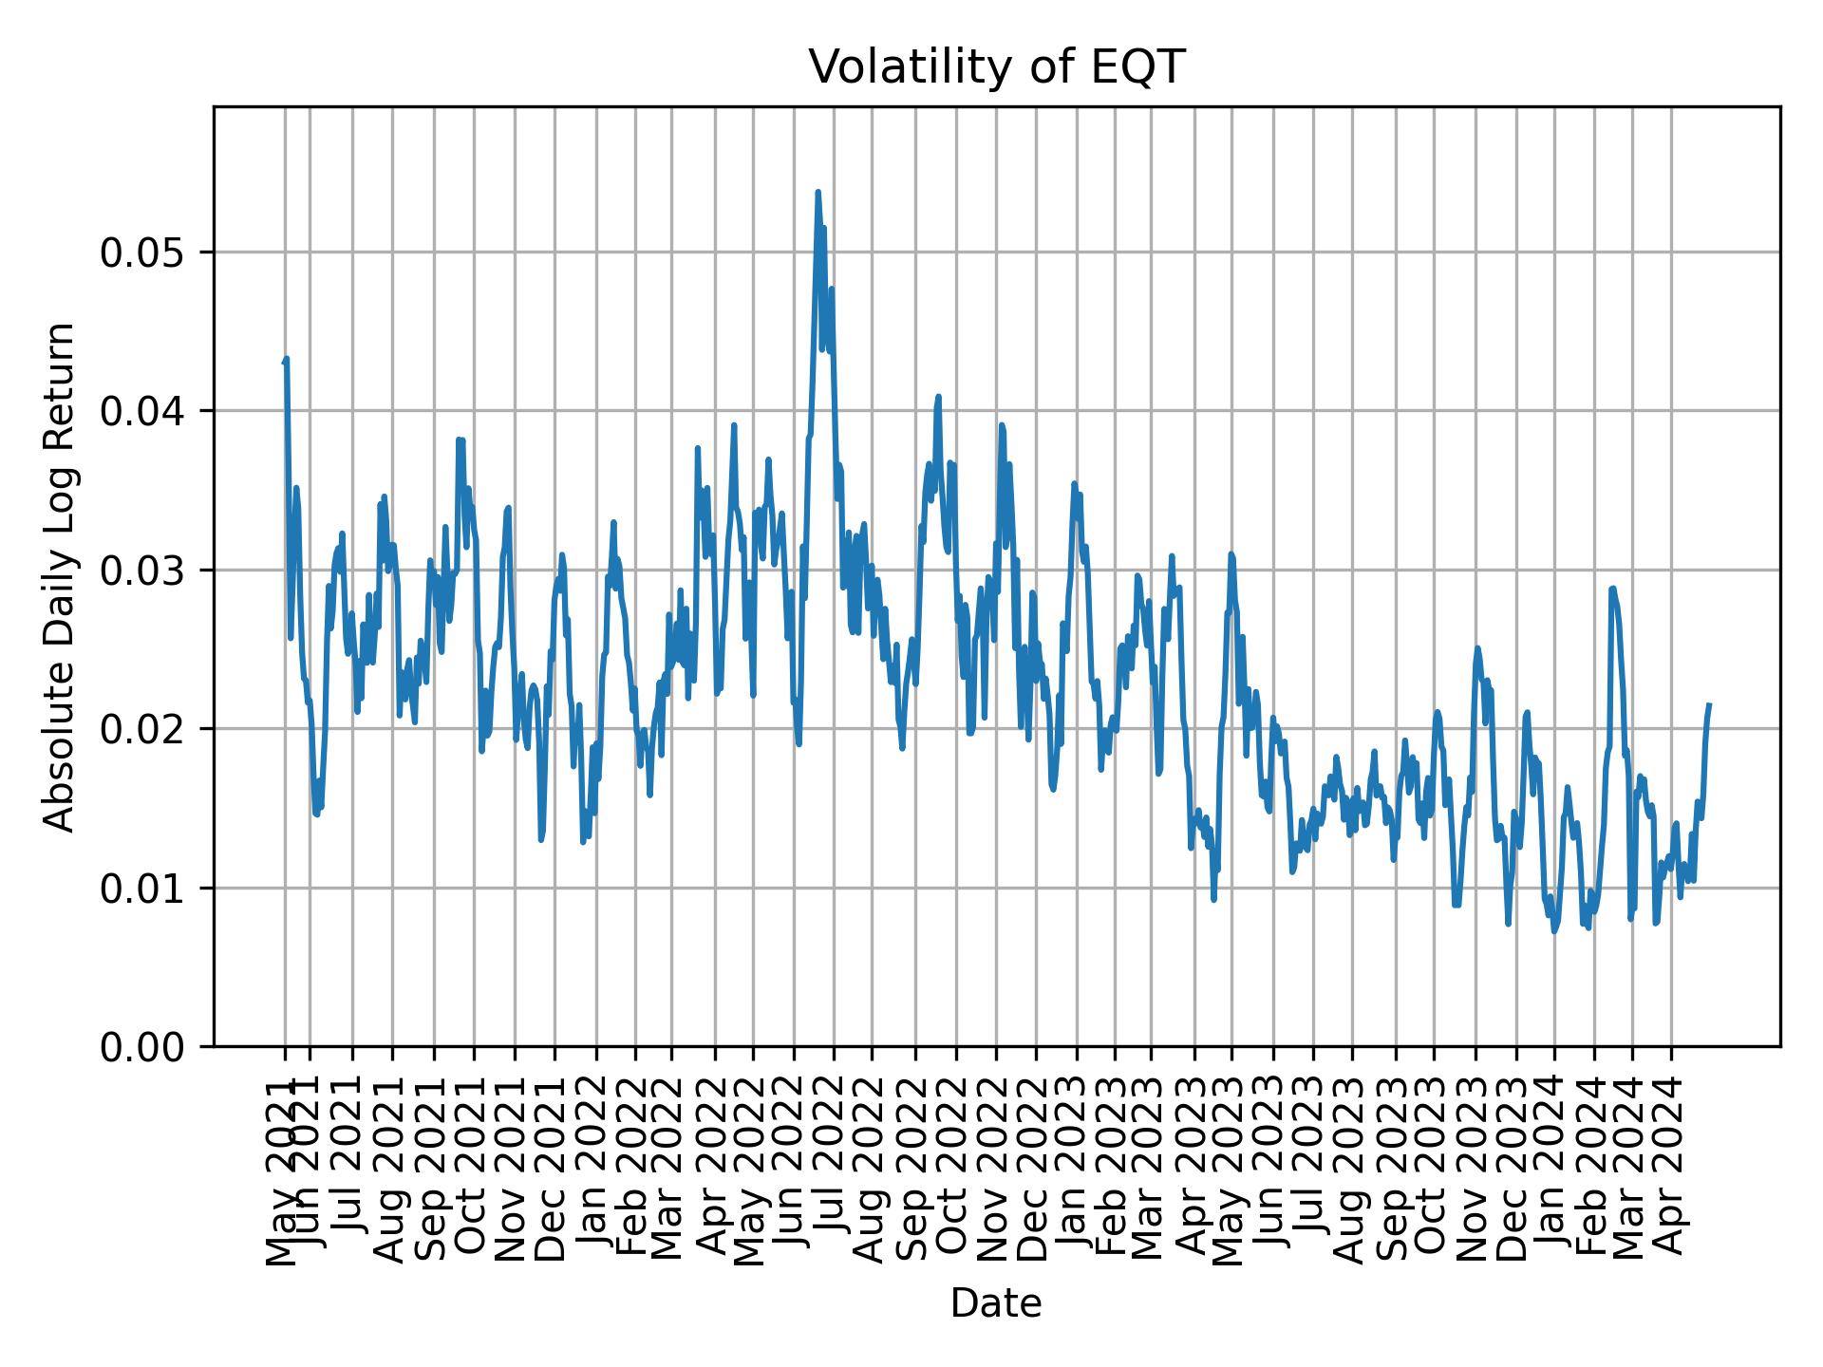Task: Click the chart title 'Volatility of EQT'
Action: [x=996, y=67]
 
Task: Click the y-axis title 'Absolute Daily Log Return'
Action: [x=60, y=576]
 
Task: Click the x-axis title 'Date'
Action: [x=996, y=1303]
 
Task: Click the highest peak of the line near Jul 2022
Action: [x=818, y=192]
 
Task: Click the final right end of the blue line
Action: [x=1709, y=704]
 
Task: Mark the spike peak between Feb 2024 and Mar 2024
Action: [x=1611, y=589]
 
